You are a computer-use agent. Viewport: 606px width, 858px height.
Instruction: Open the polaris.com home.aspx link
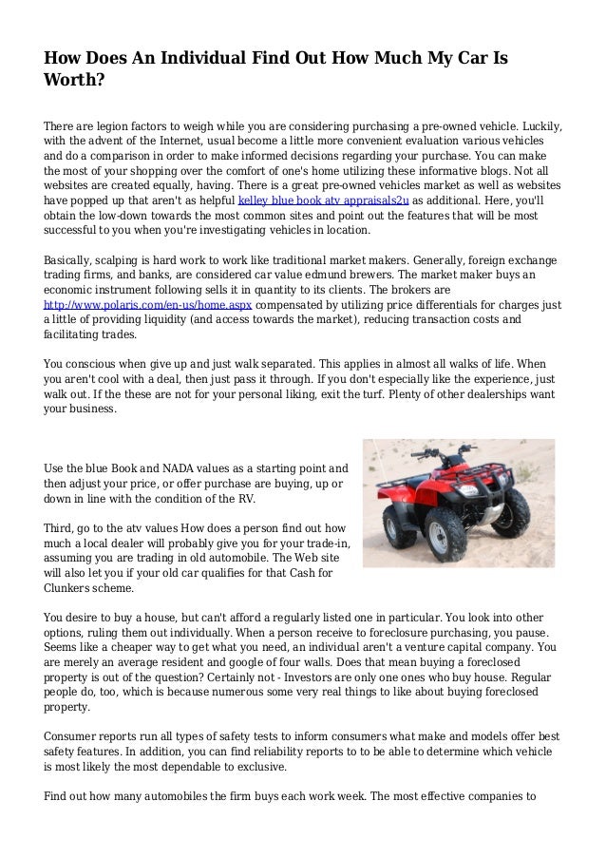[x=149, y=305]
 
